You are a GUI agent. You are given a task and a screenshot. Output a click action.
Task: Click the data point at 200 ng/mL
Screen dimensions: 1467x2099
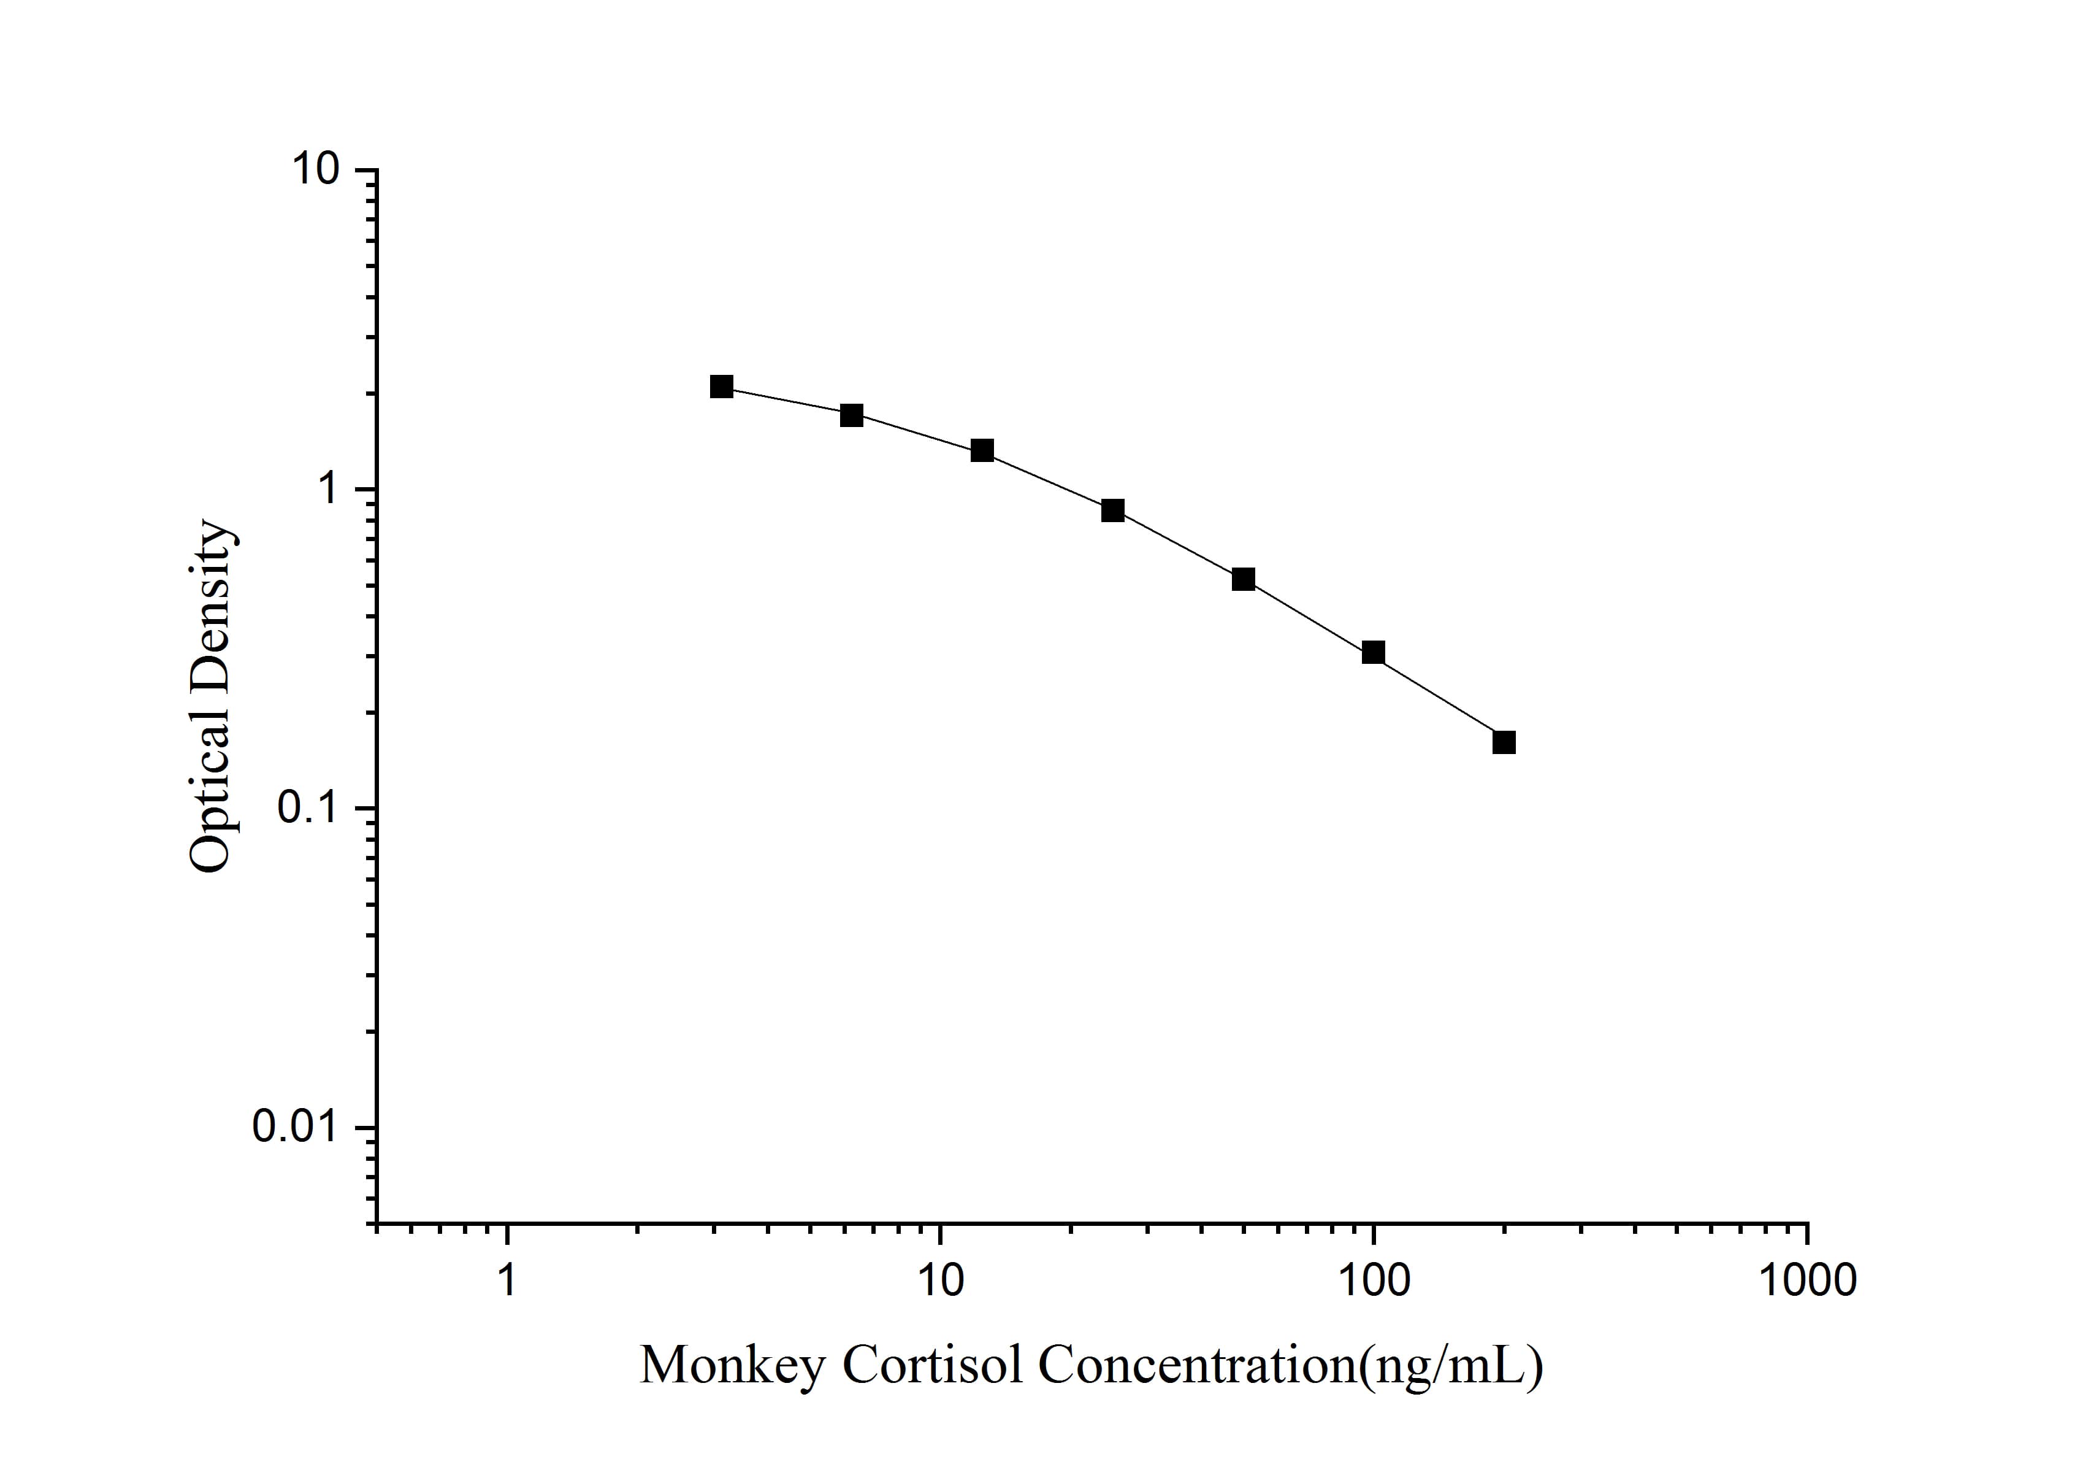(x=1504, y=742)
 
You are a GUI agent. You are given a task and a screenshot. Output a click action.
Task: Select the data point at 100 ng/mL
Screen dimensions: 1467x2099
(x=1373, y=652)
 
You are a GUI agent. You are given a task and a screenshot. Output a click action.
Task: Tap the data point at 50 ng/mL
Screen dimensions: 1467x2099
(x=1244, y=579)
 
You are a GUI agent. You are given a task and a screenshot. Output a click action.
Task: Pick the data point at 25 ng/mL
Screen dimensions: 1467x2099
(x=1112, y=510)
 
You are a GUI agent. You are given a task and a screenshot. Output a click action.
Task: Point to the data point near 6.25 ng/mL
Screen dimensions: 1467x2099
(x=852, y=415)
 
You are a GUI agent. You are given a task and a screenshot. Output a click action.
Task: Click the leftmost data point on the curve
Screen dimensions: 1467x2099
(x=721, y=387)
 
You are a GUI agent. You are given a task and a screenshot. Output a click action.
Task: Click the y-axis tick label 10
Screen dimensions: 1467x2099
(x=315, y=170)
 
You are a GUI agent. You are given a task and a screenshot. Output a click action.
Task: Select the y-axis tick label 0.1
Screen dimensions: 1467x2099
(x=304, y=809)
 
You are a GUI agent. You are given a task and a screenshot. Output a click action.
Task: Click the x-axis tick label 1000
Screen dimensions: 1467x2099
(x=1807, y=1280)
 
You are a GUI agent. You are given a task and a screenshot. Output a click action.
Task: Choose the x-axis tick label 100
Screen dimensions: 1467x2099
(x=1373, y=1280)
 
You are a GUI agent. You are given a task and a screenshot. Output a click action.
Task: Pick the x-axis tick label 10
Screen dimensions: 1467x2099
(x=940, y=1280)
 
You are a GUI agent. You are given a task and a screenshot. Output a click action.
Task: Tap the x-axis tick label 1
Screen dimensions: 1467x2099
(x=507, y=1280)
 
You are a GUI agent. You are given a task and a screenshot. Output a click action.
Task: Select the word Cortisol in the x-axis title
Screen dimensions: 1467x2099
(x=933, y=1366)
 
